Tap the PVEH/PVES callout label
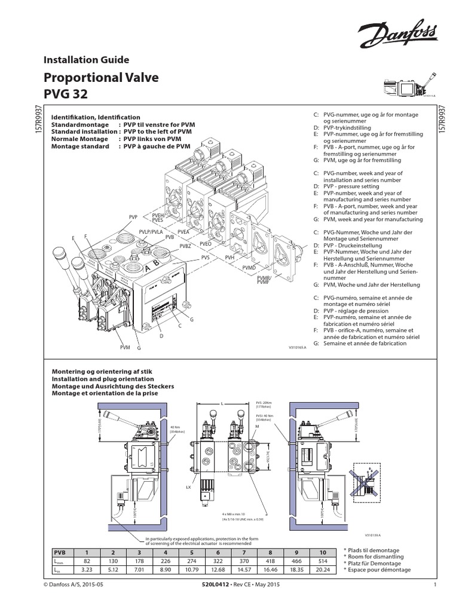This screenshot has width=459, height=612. click(x=158, y=217)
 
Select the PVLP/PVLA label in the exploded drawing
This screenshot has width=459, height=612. click(x=151, y=231)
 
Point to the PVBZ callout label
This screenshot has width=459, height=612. click(x=185, y=246)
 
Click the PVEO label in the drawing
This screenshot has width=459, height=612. click(x=206, y=244)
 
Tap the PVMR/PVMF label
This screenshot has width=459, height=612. click(x=264, y=280)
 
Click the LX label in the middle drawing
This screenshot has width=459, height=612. click(x=188, y=488)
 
